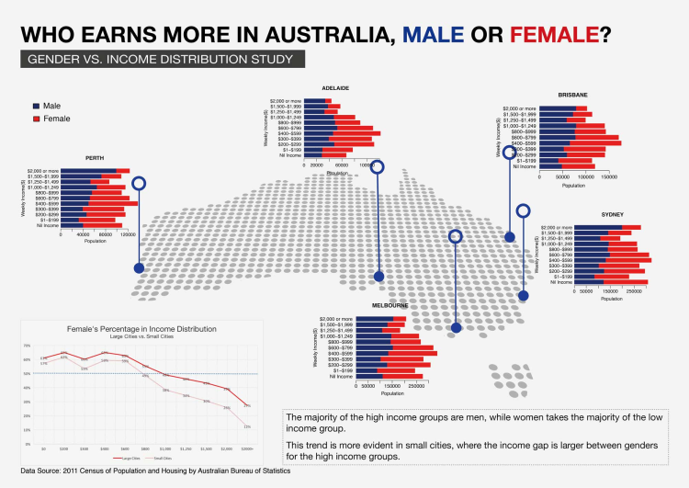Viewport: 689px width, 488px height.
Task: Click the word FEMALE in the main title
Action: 554,36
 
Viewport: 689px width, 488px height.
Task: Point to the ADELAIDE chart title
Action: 335,88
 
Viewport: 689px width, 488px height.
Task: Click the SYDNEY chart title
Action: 612,212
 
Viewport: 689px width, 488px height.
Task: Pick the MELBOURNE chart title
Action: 390,304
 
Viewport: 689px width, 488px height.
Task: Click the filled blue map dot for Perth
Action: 139,268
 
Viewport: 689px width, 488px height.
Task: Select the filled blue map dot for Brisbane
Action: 511,237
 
